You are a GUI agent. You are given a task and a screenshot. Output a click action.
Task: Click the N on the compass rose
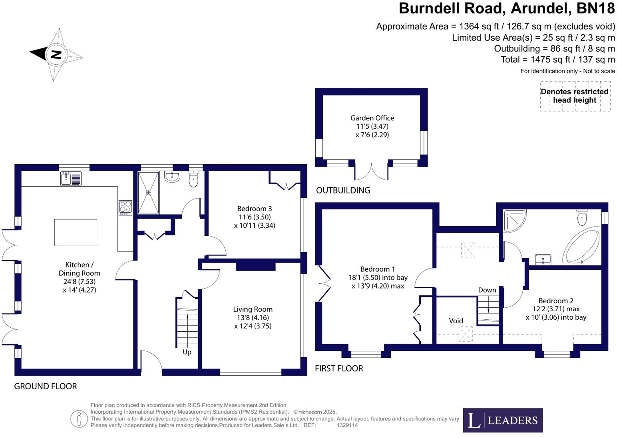56,54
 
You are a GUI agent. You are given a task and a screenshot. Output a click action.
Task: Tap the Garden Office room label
372,118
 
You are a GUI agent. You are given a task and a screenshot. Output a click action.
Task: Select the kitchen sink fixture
71,178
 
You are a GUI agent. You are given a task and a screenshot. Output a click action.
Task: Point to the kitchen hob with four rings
125,207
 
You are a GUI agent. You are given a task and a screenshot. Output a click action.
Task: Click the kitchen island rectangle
76,232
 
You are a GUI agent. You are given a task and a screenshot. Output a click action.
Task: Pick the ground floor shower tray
148,193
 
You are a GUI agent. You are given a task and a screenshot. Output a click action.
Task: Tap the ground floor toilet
193,179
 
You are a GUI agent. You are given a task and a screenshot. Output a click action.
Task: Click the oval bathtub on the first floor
582,245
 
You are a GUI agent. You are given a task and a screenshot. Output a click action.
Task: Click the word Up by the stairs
187,352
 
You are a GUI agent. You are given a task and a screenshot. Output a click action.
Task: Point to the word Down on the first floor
487,290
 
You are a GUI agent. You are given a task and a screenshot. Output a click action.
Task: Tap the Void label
456,321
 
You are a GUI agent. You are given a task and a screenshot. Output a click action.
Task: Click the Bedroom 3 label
255,209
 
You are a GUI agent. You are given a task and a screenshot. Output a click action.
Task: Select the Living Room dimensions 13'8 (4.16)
253,318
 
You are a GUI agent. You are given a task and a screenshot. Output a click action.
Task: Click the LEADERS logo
503,420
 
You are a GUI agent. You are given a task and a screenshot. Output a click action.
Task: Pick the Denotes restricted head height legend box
575,96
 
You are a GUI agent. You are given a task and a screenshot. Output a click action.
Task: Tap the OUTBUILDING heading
343,191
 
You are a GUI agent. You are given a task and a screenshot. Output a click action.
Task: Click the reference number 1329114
347,426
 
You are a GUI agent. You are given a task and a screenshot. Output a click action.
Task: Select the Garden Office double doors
371,172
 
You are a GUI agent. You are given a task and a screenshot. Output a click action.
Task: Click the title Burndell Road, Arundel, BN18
507,8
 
